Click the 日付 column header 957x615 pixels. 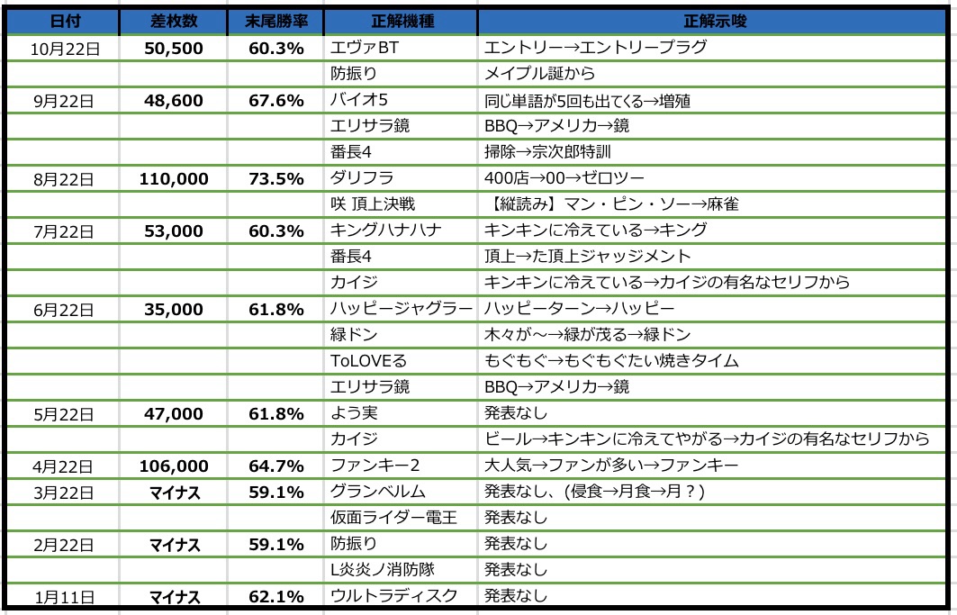(x=63, y=20)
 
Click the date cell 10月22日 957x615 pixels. (x=63, y=48)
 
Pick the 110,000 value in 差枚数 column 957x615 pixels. (x=174, y=179)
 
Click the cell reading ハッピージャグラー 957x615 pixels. (x=402, y=309)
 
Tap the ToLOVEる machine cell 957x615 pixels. (x=369, y=361)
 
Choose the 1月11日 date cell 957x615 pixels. (x=63, y=596)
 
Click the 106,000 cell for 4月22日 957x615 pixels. (x=174, y=466)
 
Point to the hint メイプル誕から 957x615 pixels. (x=540, y=74)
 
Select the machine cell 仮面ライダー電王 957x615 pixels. (x=390, y=518)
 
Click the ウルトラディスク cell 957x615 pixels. (x=394, y=596)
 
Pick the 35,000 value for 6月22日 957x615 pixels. (x=174, y=309)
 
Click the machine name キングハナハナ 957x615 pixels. (x=386, y=231)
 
